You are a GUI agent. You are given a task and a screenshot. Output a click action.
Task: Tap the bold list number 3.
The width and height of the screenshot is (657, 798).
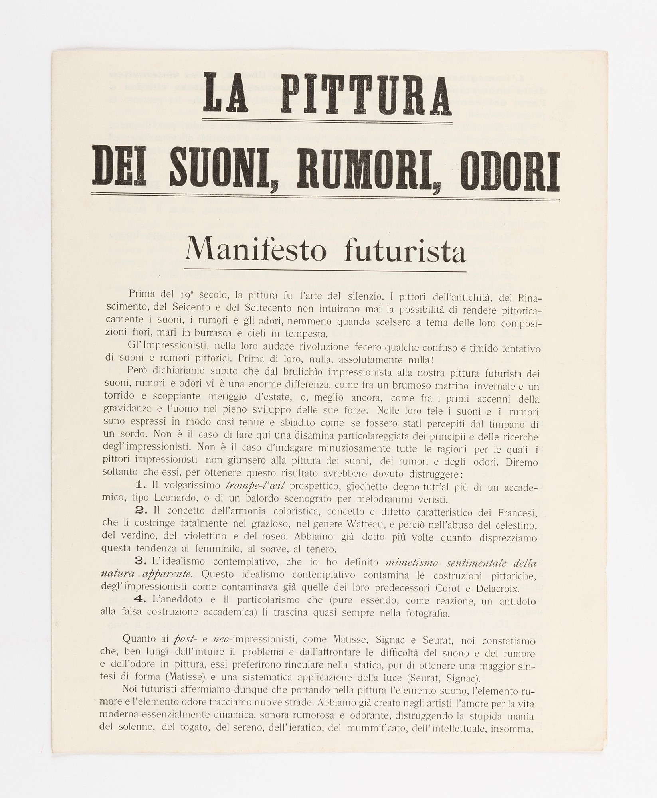[141, 561]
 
